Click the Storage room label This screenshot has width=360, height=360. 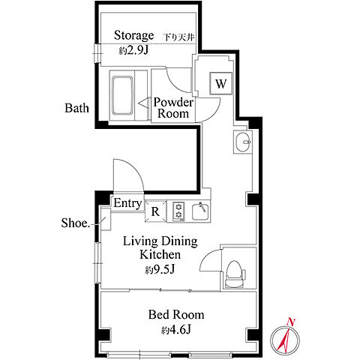point(133,35)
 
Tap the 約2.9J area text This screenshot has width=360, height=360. point(133,51)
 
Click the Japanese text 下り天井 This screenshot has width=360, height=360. point(179,37)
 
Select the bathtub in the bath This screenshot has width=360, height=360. point(122,95)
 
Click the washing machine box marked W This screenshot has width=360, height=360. point(221,83)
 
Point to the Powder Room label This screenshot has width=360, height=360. point(173,108)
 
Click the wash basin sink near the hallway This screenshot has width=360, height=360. point(243,142)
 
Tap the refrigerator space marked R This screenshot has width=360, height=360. point(155,211)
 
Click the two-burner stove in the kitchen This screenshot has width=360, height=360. point(178,211)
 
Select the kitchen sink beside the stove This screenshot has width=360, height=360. point(200,211)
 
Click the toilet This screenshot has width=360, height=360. point(235,274)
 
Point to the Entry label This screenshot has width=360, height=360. point(127,203)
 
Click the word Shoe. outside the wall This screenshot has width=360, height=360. point(76,223)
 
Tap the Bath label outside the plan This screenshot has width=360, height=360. point(76,108)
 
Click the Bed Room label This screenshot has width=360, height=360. point(176,314)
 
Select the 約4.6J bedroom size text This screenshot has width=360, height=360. point(176,330)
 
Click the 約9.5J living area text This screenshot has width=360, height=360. point(160,269)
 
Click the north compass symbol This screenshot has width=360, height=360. point(285,339)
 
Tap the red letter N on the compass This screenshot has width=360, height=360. point(290,322)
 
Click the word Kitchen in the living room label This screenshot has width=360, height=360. point(160,254)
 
